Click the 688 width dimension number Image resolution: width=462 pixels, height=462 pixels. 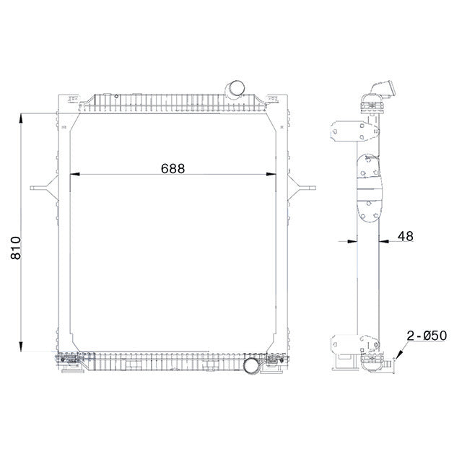[x=173, y=167]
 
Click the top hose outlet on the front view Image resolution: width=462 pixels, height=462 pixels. [x=236, y=90]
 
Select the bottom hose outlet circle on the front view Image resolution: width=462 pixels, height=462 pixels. [x=252, y=366]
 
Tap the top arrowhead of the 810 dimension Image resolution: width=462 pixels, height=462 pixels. [x=22, y=115]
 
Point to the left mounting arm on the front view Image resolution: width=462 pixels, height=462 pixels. [x=45, y=188]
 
